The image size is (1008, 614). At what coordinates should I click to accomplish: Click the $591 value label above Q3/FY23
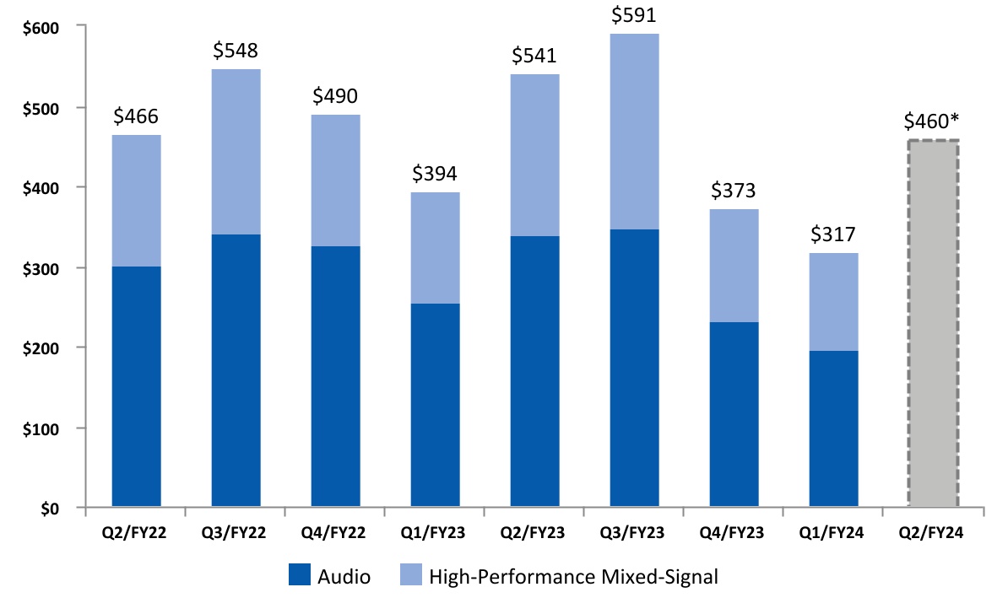634,16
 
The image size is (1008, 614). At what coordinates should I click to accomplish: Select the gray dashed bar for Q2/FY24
933,324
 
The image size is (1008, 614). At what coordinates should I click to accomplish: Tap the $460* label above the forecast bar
934,122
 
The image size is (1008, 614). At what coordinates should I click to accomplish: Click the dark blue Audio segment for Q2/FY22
136,387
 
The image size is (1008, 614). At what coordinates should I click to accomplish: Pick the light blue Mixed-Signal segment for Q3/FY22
236,152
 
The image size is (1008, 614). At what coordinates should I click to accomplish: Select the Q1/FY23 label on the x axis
435,534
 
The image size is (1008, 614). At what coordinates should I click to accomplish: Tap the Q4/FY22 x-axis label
335,534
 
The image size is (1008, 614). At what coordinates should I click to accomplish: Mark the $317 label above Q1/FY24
833,235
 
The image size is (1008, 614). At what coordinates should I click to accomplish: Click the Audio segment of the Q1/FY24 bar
833,429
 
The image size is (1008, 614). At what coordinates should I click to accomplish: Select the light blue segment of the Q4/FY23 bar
734,266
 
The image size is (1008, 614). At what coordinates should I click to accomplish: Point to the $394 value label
435,174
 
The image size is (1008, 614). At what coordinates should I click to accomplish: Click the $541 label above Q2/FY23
534,57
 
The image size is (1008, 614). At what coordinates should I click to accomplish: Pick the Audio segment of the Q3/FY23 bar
634,369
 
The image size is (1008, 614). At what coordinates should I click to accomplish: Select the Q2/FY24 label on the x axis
933,534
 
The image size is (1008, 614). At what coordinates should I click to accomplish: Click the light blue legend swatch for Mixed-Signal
409,577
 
